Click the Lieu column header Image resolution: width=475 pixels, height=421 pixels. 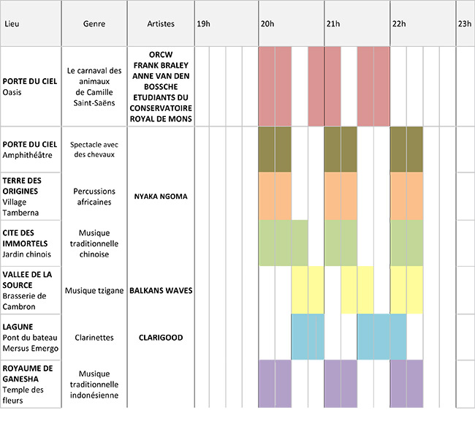point(12,24)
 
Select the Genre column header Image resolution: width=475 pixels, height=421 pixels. point(94,24)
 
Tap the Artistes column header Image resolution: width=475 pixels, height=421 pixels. point(161,24)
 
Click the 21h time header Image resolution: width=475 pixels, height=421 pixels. point(332,24)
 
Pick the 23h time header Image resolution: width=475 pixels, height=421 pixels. point(464,24)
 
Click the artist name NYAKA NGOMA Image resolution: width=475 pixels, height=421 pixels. point(161,196)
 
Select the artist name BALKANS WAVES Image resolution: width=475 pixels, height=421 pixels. point(161,290)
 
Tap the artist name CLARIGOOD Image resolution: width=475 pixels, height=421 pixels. point(161,338)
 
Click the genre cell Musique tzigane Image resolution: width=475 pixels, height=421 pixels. point(94,290)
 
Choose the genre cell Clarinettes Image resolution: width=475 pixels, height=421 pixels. point(94,338)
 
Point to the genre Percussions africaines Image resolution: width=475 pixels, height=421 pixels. point(94,196)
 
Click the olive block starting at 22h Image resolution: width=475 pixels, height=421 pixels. point(406,149)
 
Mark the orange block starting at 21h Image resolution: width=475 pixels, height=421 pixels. point(340,196)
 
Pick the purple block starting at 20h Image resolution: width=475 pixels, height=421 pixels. point(275,383)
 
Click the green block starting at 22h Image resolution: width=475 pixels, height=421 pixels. point(406,243)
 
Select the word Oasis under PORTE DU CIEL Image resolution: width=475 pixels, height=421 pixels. point(12,92)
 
